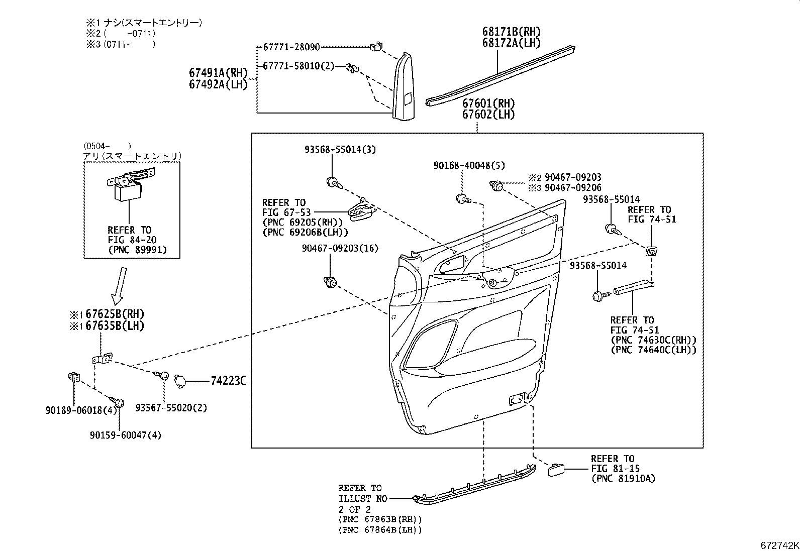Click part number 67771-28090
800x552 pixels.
[291, 47]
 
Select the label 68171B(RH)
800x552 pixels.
[512, 32]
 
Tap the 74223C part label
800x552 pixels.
[228, 381]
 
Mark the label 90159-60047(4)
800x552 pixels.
[126, 435]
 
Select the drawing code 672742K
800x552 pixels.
[779, 545]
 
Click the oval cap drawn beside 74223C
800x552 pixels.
[179, 381]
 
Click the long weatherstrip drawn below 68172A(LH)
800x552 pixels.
[500, 75]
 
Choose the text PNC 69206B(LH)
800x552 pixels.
[305, 233]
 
